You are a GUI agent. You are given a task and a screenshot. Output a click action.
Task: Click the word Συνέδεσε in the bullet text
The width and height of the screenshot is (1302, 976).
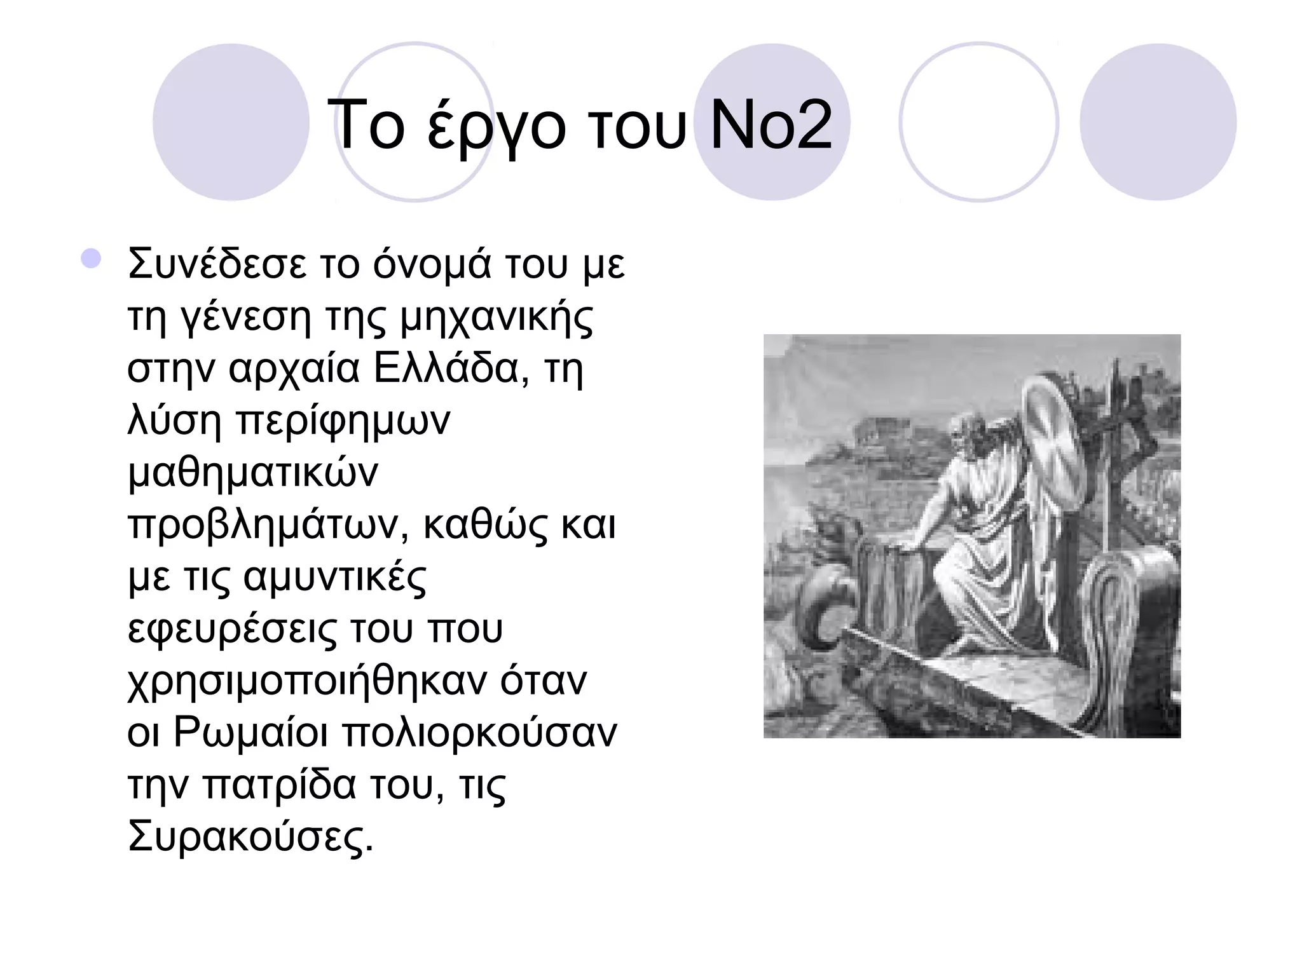click(x=216, y=264)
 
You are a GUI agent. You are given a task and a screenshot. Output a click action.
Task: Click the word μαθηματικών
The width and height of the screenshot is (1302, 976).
click(x=253, y=473)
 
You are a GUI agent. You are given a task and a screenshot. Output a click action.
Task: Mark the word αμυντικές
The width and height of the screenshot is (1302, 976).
click(x=335, y=578)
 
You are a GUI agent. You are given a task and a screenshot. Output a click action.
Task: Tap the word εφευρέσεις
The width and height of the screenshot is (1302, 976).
click(x=233, y=630)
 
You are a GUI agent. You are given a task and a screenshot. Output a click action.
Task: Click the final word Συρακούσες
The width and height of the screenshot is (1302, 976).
click(x=250, y=837)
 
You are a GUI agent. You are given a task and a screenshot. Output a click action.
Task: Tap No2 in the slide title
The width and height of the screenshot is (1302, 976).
click(x=771, y=126)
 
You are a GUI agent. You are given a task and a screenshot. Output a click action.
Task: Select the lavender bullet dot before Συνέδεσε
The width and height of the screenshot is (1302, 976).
click(x=92, y=259)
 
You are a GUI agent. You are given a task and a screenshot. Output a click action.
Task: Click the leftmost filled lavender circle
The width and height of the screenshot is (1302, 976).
click(x=231, y=122)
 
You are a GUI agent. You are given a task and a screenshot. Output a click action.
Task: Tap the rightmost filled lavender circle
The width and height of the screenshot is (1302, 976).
click(x=1158, y=122)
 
